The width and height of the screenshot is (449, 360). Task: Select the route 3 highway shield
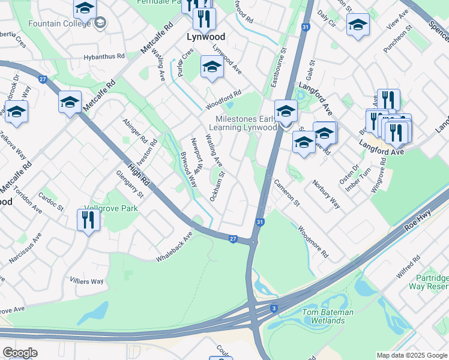274,308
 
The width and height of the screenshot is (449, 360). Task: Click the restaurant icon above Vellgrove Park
88,220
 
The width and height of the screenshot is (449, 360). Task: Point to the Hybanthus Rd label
104,56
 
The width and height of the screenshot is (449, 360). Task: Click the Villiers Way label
86,281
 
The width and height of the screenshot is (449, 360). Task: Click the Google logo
20,352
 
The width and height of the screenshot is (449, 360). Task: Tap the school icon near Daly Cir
358,25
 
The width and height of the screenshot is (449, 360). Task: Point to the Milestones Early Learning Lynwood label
243,123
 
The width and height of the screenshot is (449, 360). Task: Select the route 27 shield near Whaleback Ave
233,238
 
